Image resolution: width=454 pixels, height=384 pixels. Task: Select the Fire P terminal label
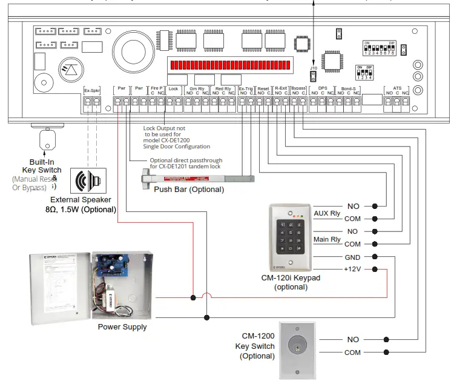pos(157,88)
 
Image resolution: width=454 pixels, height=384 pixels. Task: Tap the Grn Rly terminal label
pos(197,88)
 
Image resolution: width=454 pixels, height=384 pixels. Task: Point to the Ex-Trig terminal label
pos(246,88)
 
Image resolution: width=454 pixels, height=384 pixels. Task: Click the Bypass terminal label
pos(298,88)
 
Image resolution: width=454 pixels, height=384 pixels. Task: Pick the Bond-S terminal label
pos(348,88)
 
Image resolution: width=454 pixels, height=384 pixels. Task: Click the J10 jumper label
pos(314,68)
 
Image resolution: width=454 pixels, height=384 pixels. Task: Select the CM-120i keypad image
pos(291,236)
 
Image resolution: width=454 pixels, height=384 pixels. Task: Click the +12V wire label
pos(353,269)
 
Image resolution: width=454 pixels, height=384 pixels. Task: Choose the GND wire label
pos(353,257)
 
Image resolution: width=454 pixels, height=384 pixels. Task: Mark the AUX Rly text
pos(327,213)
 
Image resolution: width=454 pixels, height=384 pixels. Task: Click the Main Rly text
pos(327,239)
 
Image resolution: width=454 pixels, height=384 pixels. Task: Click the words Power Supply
pos(122,327)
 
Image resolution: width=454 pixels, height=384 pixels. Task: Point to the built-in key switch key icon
pos(47,141)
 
